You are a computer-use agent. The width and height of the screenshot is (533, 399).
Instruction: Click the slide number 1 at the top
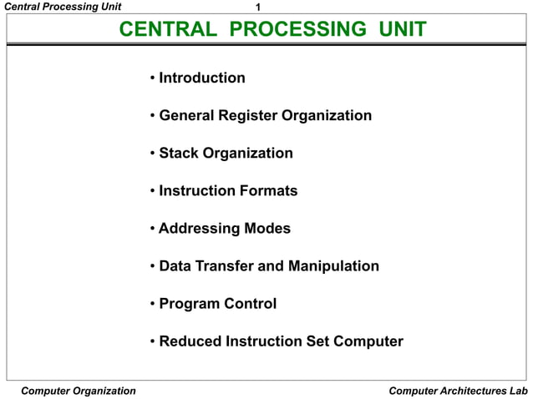point(258,8)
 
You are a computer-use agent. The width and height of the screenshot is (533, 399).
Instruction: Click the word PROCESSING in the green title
point(297,31)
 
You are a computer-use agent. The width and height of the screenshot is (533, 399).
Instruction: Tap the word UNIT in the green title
point(402,31)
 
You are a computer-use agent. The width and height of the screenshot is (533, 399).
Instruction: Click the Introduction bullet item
point(201,78)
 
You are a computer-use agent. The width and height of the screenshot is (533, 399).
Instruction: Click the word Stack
point(179,154)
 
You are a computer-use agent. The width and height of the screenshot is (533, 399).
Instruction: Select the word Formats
point(268,191)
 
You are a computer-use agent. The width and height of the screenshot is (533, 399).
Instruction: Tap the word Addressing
point(199,229)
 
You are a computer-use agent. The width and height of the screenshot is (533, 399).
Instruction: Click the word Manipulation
point(333,266)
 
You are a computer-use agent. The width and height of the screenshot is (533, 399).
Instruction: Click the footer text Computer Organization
point(78,391)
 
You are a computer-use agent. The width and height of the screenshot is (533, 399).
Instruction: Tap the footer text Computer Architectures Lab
point(459,391)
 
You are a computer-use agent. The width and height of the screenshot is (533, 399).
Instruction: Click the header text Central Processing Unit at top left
point(63,8)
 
